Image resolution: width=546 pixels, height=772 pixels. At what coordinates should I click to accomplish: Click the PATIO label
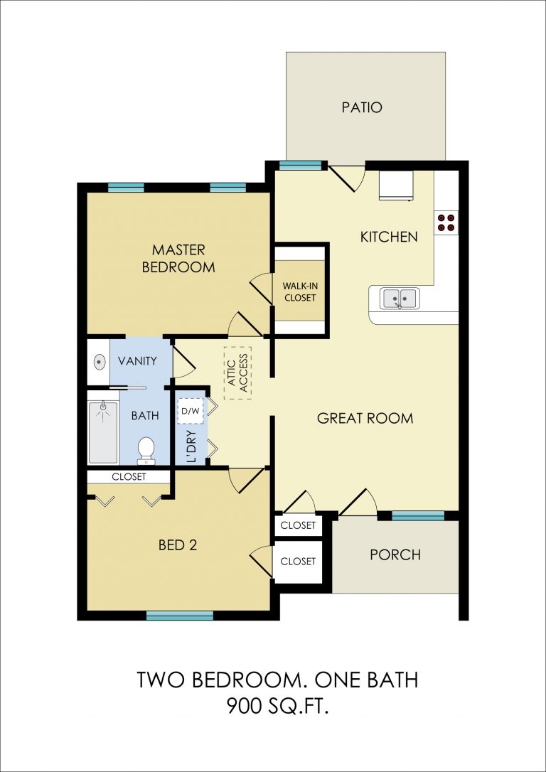click(362, 107)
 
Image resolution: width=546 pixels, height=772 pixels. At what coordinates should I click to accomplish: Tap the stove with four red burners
click(446, 223)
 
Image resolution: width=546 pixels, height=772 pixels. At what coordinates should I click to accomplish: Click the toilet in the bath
click(146, 451)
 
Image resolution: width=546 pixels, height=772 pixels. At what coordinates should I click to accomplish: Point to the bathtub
click(103, 432)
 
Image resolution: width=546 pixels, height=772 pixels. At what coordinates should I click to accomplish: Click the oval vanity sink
click(100, 363)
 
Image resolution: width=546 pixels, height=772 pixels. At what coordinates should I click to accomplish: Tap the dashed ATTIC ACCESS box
click(237, 372)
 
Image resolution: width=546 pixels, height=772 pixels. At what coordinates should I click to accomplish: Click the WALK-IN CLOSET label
click(299, 291)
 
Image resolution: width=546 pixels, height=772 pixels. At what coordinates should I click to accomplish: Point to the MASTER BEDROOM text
click(178, 258)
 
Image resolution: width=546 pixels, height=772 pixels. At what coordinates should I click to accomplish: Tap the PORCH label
click(395, 555)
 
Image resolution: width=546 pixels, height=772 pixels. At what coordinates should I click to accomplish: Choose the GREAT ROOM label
click(365, 419)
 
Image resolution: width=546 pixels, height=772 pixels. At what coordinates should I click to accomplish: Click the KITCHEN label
click(389, 237)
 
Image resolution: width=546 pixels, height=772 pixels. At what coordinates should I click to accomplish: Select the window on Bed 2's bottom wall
click(180, 616)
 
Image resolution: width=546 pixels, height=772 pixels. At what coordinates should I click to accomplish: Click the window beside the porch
click(418, 515)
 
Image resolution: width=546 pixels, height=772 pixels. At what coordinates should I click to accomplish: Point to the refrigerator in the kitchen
click(396, 186)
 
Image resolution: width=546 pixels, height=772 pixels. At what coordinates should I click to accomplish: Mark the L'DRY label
click(192, 446)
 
